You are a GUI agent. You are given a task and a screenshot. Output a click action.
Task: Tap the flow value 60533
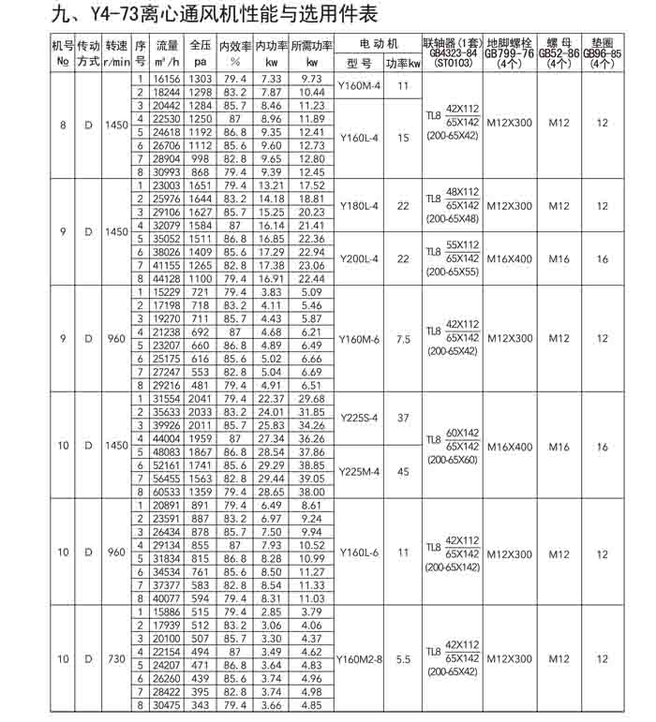point(167,491)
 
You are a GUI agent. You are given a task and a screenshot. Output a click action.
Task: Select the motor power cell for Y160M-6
point(403,338)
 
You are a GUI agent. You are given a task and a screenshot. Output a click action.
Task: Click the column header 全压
point(201,44)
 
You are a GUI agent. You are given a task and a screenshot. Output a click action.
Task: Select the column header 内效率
point(236,44)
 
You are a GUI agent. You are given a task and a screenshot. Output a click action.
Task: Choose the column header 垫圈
point(602,43)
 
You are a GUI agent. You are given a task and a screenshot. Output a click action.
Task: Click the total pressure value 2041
point(201,399)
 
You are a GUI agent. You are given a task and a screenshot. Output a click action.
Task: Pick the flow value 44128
point(167,278)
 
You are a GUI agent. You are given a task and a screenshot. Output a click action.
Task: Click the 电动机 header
point(379,44)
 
